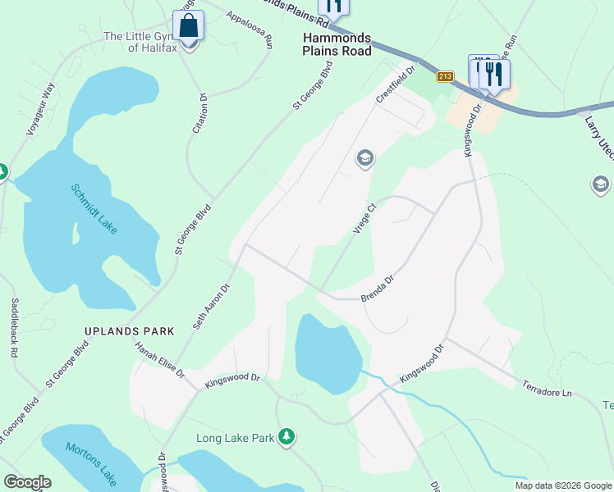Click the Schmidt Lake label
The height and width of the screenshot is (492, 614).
click(93, 209)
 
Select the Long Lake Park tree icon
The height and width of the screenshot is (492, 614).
click(286, 436)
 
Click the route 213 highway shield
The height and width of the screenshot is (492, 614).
click(444, 76)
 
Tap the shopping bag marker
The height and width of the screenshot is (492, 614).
click(189, 26)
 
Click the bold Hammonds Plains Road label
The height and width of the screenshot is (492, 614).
click(337, 45)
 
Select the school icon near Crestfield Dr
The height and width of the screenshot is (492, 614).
click(364, 158)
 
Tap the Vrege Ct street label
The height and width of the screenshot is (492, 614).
click(364, 219)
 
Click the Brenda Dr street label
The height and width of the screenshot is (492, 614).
click(378, 289)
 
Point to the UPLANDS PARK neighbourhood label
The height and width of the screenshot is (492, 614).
click(130, 331)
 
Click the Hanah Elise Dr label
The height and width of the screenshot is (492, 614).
click(160, 361)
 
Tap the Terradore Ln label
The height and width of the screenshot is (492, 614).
click(544, 389)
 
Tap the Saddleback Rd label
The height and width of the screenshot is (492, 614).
click(14, 327)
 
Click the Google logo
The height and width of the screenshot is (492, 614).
click(26, 482)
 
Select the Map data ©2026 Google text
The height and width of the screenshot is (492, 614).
click(562, 485)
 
